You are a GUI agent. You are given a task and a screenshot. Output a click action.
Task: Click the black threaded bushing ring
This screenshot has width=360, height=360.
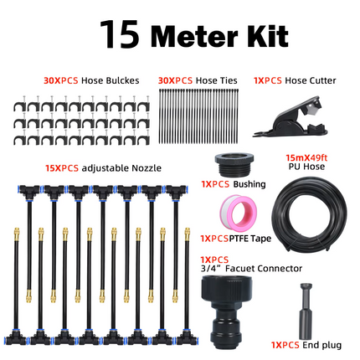pyautogui.click(x=229, y=164)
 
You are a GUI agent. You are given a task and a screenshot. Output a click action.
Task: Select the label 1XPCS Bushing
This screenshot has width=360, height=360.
pyautogui.click(x=222, y=183)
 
